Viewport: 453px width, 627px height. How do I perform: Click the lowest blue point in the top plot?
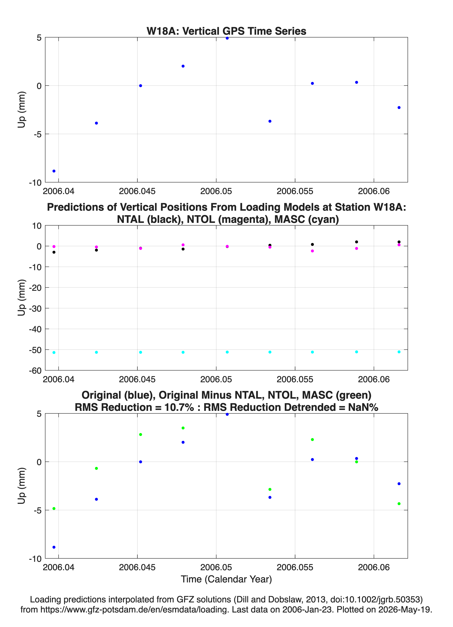[54, 171]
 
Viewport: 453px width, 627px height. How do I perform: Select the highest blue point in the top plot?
[227, 38]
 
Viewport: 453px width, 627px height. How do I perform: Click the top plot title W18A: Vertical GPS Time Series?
[226, 31]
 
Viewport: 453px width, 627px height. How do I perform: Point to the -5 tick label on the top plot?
[37, 134]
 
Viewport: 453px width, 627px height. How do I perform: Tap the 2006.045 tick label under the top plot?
[137, 191]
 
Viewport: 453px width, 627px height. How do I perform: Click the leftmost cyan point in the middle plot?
[54, 352]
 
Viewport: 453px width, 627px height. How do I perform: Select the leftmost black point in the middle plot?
[54, 252]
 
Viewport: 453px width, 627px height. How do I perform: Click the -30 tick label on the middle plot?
[35, 308]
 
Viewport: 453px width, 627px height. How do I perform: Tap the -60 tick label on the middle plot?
[35, 371]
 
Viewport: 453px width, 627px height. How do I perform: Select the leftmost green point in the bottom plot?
[54, 509]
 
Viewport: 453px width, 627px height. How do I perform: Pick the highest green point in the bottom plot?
[183, 428]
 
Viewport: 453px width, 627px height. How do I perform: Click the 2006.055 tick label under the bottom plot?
[295, 567]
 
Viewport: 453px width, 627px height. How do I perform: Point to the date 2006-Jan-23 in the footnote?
[307, 609]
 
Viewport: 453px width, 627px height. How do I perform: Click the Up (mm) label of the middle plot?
[22, 298]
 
